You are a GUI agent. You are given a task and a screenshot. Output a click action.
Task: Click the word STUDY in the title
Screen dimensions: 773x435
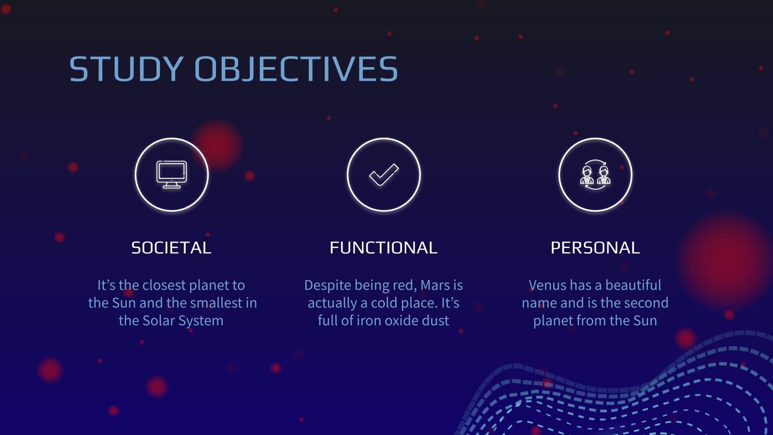[126, 69]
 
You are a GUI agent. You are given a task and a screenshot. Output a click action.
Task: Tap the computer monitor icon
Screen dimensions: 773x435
[172, 174]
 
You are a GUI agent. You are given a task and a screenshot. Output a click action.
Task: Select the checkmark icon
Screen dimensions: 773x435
[384, 174]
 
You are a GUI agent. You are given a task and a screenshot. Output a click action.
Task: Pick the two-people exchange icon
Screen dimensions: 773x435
[595, 174]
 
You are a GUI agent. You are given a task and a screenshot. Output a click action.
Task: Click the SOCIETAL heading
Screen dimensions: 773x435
[171, 248]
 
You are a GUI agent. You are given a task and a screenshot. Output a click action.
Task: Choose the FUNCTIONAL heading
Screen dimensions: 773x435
[384, 248]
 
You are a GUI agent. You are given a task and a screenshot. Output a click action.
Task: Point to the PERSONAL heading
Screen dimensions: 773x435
[595, 248]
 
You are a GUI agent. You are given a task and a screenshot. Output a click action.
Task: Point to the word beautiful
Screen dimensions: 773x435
[633, 285]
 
